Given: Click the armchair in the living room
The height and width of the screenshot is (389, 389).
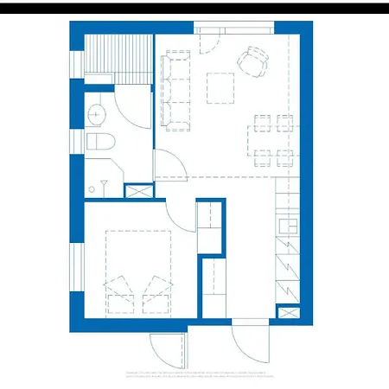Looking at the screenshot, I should [254, 61].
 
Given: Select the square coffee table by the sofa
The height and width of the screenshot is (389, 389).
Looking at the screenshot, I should [220, 87].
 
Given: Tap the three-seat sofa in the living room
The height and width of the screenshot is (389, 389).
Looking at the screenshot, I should [176, 90].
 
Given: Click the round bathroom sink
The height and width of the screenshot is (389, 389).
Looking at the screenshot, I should [97, 112].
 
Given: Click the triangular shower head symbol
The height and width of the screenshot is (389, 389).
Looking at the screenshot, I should [105, 183].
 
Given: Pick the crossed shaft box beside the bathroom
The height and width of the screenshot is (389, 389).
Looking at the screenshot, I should [137, 192].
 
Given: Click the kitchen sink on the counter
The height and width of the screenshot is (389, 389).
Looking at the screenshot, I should [287, 226].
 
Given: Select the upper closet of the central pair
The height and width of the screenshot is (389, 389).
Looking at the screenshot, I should [210, 226].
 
